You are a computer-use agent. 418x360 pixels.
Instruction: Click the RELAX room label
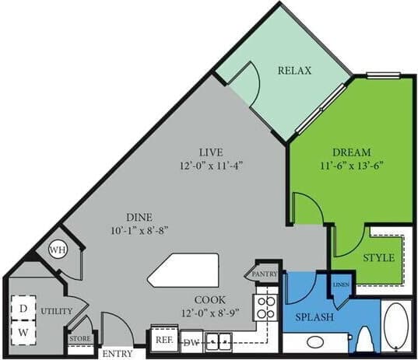click(294, 71)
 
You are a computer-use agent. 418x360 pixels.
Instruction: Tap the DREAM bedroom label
click(352, 152)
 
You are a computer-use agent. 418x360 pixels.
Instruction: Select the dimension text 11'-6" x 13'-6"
click(352, 165)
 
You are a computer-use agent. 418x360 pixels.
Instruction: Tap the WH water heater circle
click(58, 250)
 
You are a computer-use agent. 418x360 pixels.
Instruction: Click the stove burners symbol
click(266, 302)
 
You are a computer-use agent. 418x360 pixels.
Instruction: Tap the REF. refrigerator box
click(163, 340)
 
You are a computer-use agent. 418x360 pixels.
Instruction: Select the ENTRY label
click(117, 354)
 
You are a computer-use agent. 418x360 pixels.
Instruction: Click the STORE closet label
click(80, 339)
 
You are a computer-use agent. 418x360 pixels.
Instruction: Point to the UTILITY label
click(57, 311)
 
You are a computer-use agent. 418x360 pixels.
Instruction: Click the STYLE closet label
click(378, 257)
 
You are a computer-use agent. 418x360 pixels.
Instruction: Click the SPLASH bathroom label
click(314, 317)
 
